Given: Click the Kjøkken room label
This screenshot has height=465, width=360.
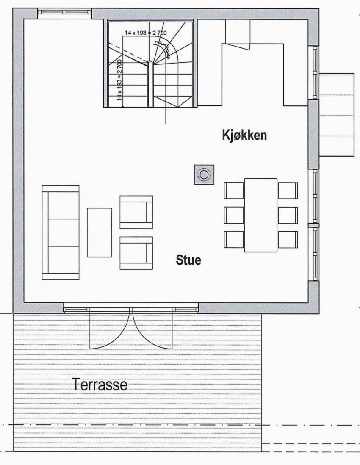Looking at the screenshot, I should click(244, 136).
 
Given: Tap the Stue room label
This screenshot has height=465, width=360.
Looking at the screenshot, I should click(188, 260).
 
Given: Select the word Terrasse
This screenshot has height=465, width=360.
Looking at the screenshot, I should click(100, 385).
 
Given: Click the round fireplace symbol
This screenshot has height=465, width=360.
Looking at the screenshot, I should click(204, 174).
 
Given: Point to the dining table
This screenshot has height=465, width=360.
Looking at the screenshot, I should click(260, 215).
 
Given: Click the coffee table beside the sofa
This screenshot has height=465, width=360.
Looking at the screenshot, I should click(100, 233).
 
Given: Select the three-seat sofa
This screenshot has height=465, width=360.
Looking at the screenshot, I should click(61, 233).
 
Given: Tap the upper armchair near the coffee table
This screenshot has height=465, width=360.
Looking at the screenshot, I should click(136, 212).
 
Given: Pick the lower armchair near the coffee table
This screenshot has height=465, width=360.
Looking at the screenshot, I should click(136, 253).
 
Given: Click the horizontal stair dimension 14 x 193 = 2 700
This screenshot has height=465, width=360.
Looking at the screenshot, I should click(146, 33).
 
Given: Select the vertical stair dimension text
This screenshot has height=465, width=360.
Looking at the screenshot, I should click(120, 80).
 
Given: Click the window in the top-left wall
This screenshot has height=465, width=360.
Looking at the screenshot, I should click(65, 12).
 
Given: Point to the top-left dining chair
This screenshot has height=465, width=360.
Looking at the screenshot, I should click(234, 190).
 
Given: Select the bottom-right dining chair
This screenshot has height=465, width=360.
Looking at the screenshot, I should click(288, 240).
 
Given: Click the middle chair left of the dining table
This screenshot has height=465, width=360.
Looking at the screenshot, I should click(234, 215).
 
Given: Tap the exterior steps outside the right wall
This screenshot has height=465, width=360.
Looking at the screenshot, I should click(336, 115).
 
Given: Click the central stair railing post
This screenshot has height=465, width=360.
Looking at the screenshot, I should click(150, 84).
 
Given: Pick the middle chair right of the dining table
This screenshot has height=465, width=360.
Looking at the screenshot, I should click(288, 215).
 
